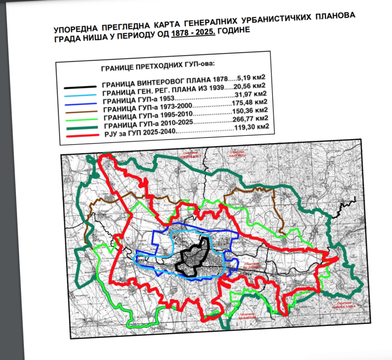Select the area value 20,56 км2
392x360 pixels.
(x=252, y=86)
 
